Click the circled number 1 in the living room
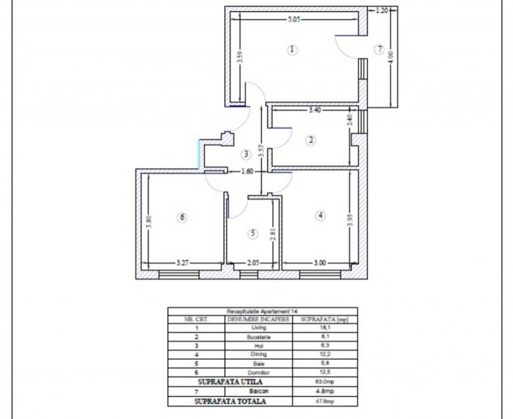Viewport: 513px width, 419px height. click(x=292, y=50)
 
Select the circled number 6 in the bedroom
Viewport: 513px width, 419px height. click(x=183, y=217)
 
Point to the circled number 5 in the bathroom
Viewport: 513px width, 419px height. click(x=254, y=234)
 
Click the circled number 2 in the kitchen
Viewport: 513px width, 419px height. click(x=310, y=141)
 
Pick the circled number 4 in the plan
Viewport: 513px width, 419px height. click(x=321, y=215)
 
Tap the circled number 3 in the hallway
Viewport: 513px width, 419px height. click(x=246, y=154)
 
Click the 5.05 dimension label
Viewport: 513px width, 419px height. click(x=294, y=19)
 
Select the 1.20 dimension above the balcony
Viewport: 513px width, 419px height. click(x=382, y=10)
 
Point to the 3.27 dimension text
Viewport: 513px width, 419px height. click(x=184, y=262)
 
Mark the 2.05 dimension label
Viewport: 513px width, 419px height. click(x=253, y=262)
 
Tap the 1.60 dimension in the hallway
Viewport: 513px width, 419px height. click(x=247, y=171)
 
